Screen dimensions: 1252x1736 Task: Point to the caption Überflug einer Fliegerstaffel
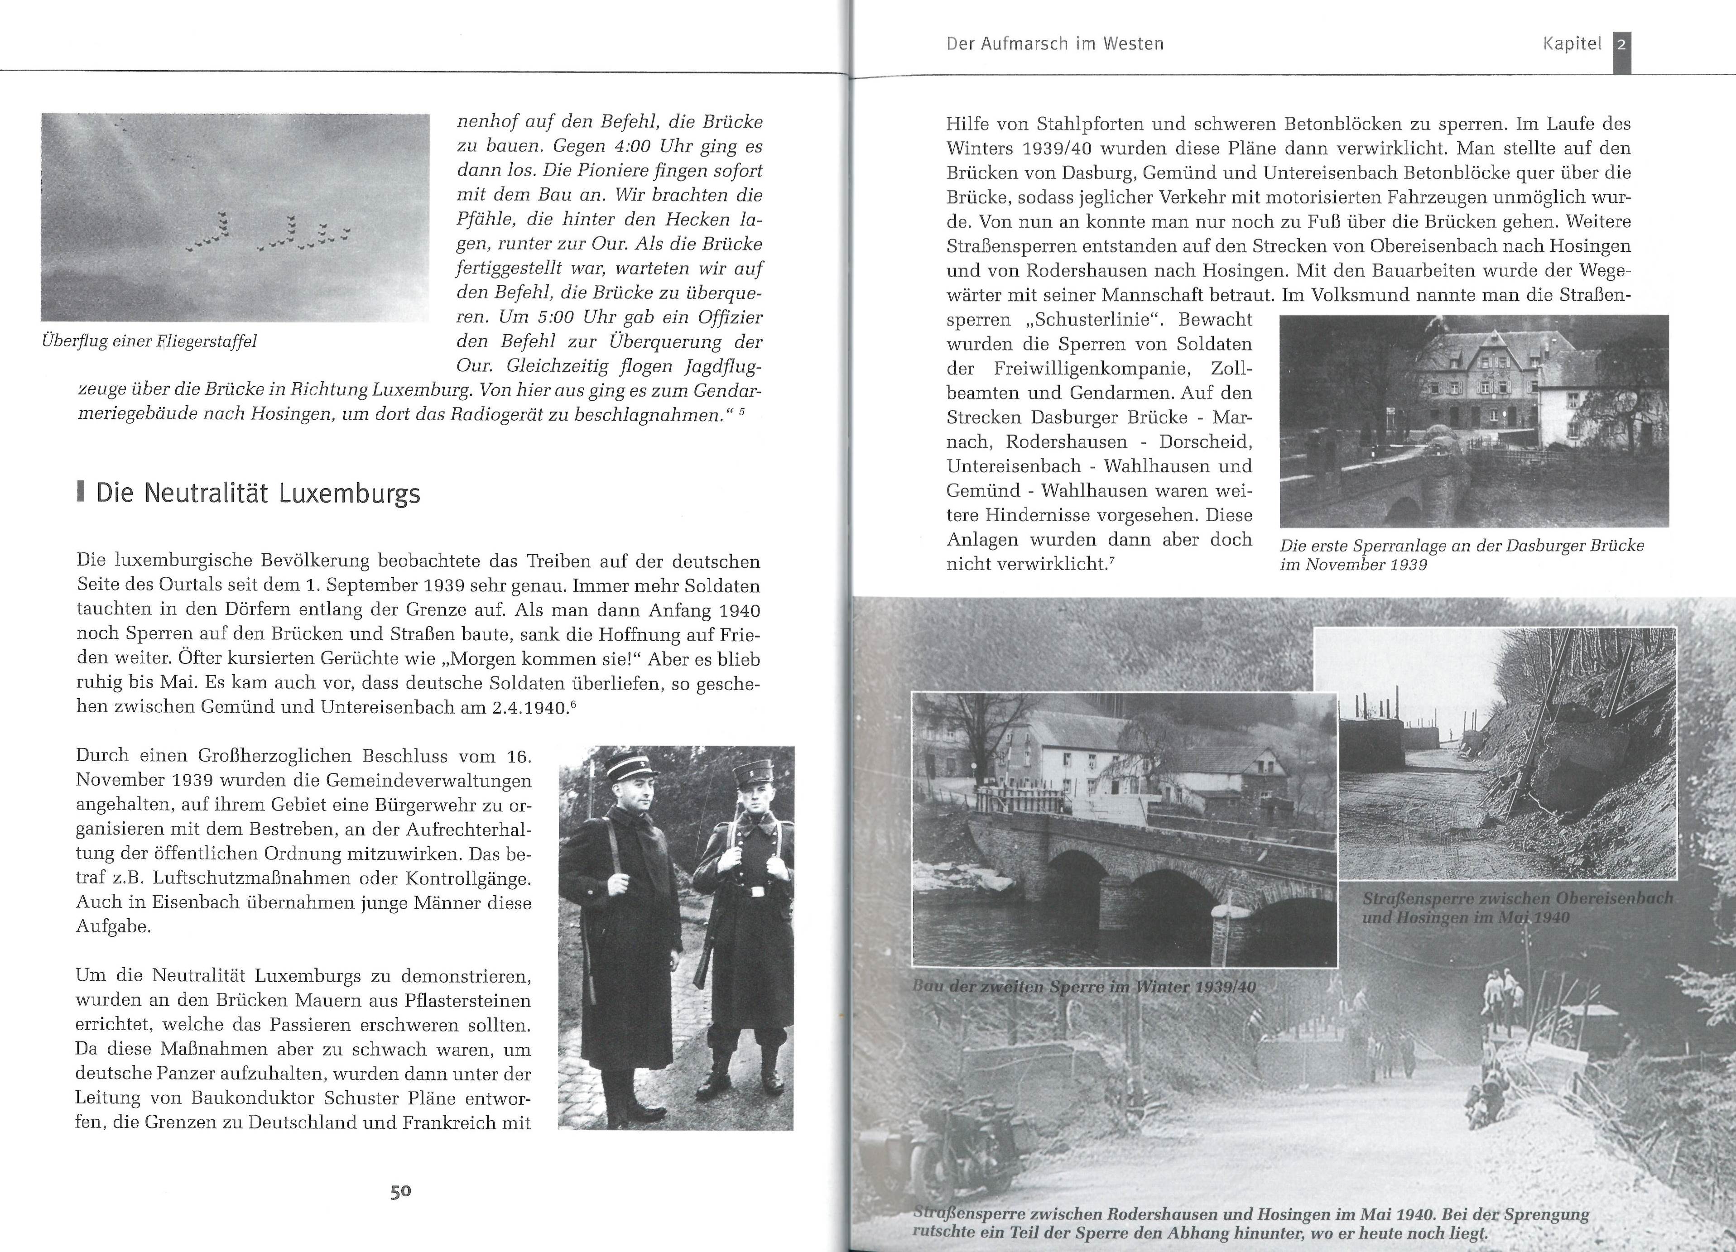(x=149, y=341)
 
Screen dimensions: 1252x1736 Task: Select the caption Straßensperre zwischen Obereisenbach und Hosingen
(x=1517, y=907)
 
